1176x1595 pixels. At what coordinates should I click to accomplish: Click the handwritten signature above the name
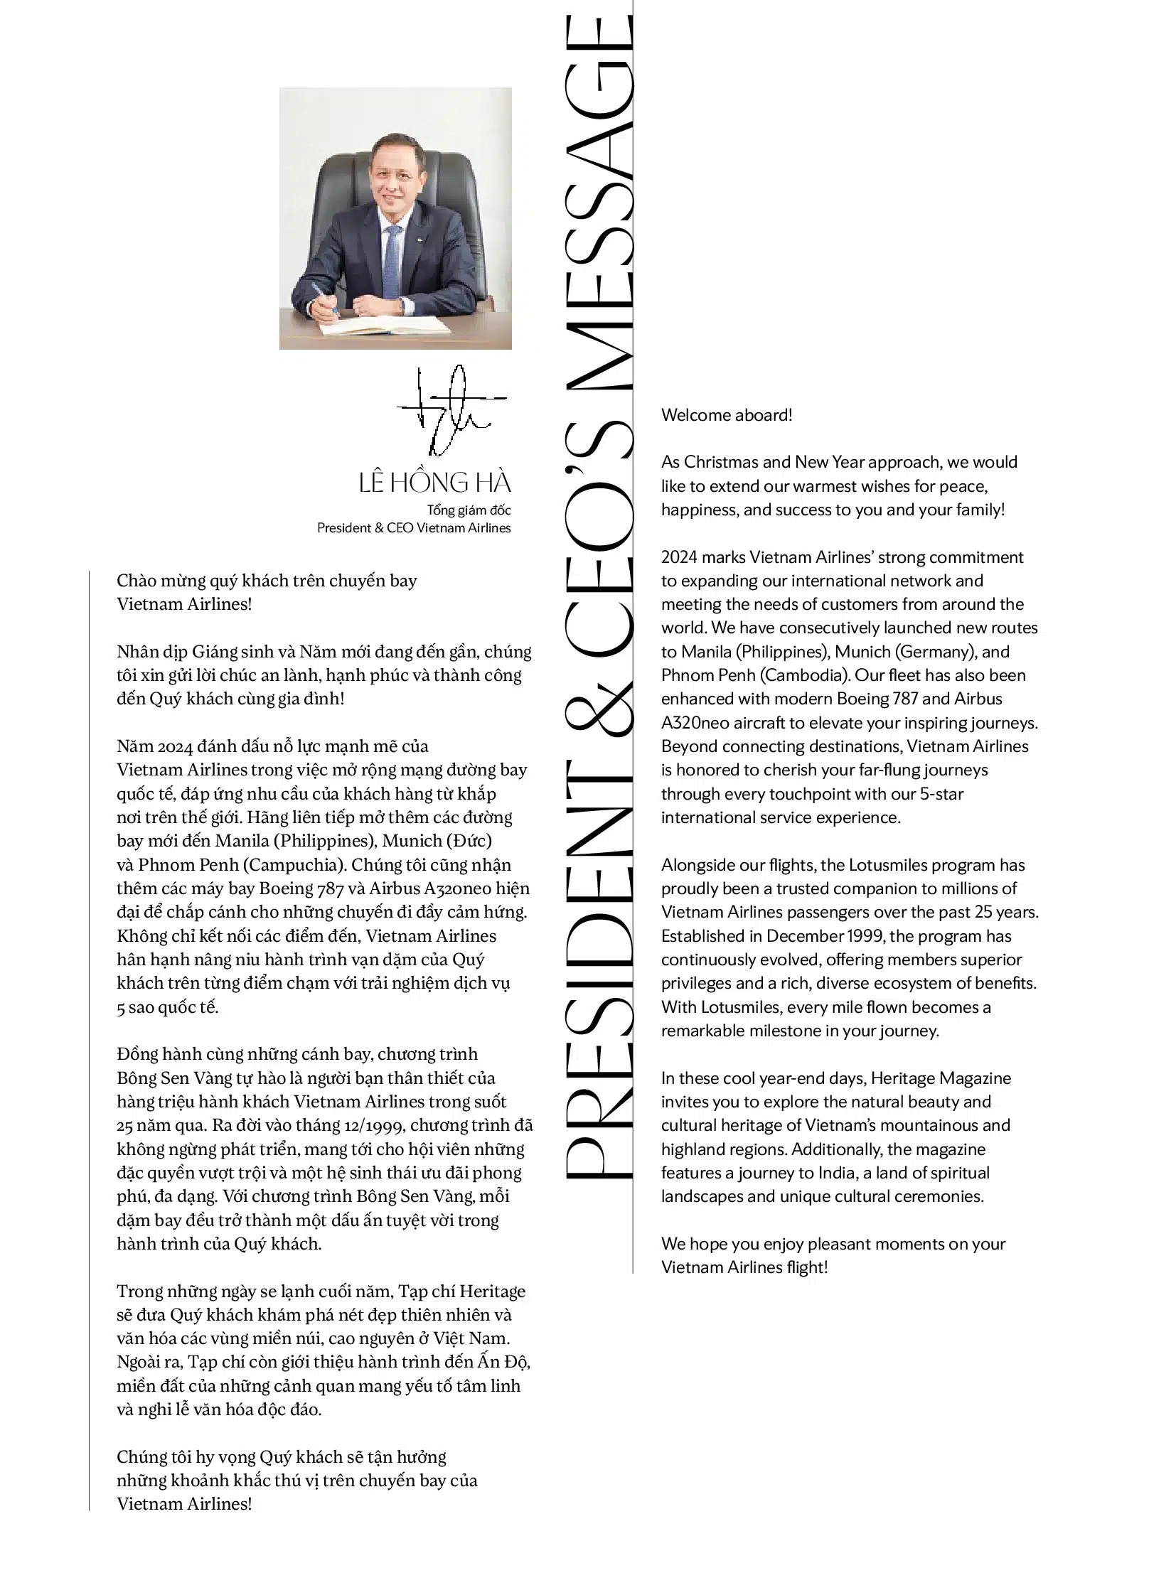pyautogui.click(x=451, y=411)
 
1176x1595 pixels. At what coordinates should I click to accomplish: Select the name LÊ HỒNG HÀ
pyautogui.click(x=435, y=483)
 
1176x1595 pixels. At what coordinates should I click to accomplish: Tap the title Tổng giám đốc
pyautogui.click(x=469, y=510)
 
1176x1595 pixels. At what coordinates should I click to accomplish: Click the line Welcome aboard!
pyautogui.click(x=726, y=415)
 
